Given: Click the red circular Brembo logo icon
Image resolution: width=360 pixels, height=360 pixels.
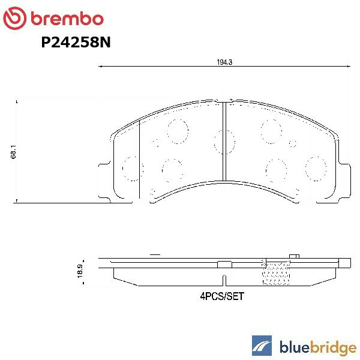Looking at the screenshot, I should [14, 19].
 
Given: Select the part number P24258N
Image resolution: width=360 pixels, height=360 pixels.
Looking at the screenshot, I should [76, 43].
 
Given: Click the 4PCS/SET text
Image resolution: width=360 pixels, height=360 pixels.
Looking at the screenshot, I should [223, 296].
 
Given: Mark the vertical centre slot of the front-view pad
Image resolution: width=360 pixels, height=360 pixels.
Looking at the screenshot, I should [224, 141].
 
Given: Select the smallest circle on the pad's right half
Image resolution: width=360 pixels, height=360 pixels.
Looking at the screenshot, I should [292, 143].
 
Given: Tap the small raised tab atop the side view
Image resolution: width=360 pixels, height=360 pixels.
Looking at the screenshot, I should [294, 257].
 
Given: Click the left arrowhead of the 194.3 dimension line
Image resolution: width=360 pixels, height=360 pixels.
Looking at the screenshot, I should [100, 67].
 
